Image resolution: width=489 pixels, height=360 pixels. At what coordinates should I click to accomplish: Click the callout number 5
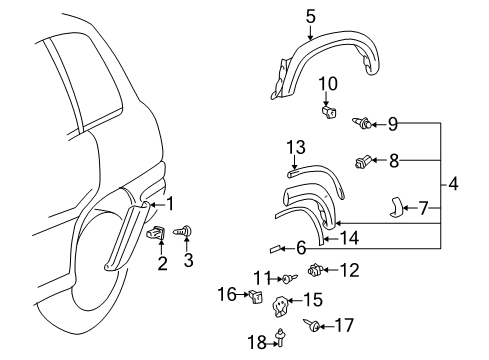coord(310,17)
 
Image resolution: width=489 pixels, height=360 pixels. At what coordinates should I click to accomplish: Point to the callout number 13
coord(295,148)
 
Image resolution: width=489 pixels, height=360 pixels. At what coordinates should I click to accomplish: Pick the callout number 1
coord(170,203)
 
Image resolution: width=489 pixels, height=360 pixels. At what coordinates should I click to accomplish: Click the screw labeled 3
coord(183,232)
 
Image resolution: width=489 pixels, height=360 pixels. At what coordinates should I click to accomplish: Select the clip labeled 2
coord(157,233)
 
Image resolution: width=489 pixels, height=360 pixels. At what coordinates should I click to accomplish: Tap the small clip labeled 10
coord(329,110)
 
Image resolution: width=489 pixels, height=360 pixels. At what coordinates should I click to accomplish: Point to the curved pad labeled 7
coord(398,207)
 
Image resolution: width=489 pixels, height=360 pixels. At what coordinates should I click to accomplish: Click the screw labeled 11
coord(288,277)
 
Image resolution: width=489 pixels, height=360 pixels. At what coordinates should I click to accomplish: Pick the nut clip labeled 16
coord(255,295)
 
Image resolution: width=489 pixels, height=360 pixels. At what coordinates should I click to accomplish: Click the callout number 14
coord(347,238)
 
